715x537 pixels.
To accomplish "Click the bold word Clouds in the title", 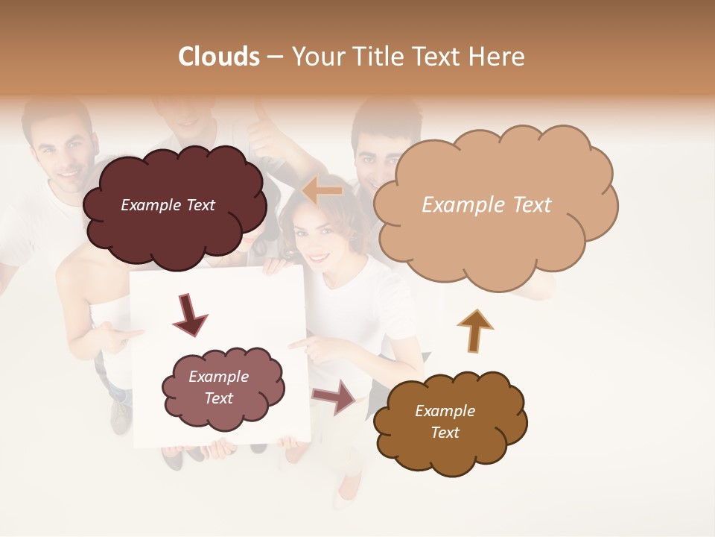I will click(x=219, y=57).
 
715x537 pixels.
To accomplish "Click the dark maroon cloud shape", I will click(x=174, y=224).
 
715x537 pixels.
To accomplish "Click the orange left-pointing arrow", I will click(x=322, y=191).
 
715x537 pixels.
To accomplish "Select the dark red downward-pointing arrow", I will click(x=191, y=314).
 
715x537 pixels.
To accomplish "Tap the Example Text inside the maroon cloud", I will click(x=168, y=205).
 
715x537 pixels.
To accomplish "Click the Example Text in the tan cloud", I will click(x=486, y=205).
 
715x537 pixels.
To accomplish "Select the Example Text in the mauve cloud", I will click(x=218, y=387).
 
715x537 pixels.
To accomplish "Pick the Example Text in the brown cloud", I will click(x=445, y=421).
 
